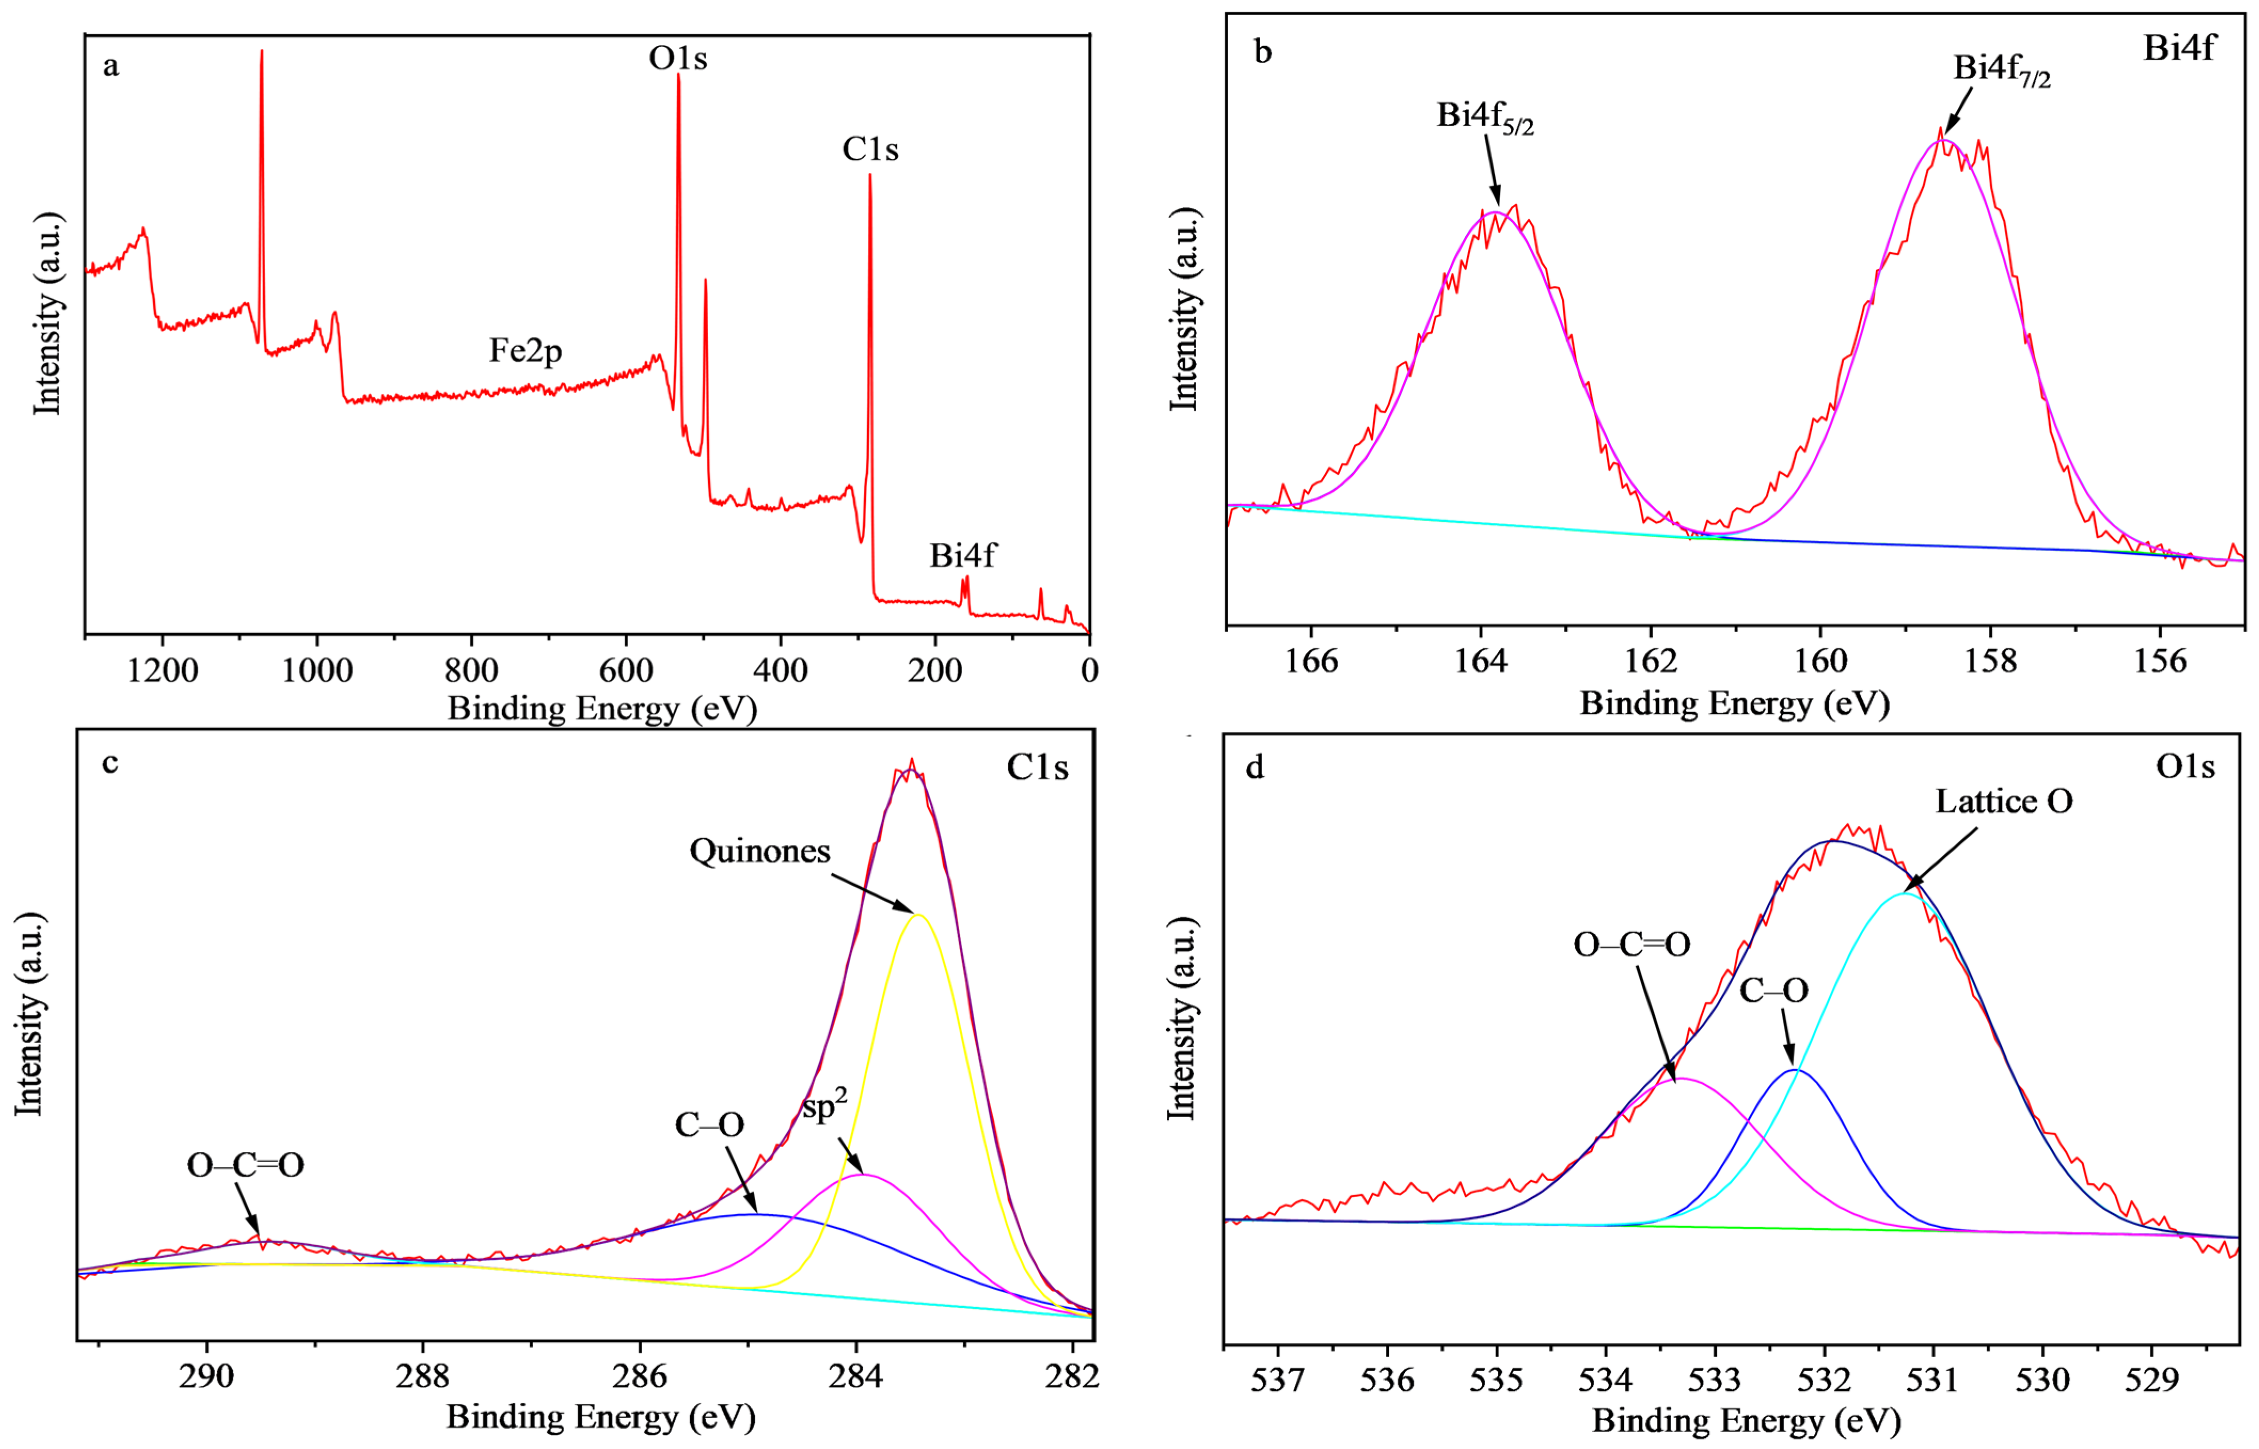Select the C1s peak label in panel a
870,149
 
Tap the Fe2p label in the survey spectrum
525,351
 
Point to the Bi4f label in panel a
962,556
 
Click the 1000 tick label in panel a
317,671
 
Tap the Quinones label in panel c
759,851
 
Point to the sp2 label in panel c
825,1105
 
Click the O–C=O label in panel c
245,1166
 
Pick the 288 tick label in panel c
423,1375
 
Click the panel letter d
1255,768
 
